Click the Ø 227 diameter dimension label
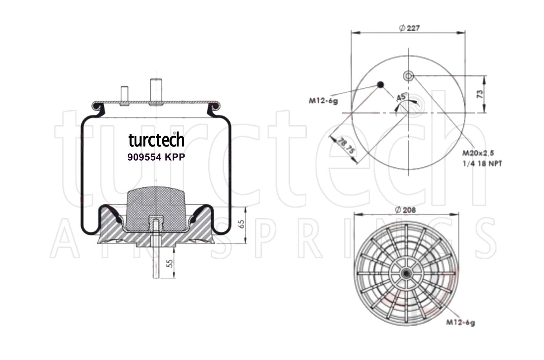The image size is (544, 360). tap(409, 28)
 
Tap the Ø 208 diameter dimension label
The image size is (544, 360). tap(405, 210)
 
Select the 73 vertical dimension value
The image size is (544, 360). tap(480, 94)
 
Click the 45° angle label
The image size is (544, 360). tap(402, 97)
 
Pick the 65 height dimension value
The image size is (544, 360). tap(241, 224)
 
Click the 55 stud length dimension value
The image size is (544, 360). tap(170, 263)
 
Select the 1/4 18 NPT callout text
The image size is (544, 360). tap(482, 164)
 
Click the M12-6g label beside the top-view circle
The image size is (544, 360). tap(323, 101)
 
